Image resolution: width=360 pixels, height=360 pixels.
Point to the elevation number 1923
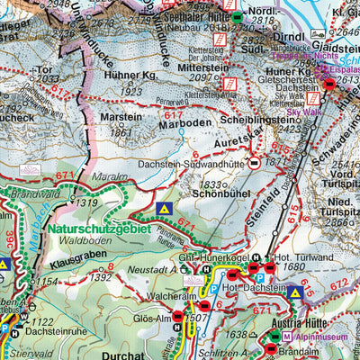[x=132, y=91]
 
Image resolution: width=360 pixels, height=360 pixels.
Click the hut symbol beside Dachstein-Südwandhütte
[x=256, y=163]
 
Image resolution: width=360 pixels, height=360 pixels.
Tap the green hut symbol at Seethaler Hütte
[x=236, y=17]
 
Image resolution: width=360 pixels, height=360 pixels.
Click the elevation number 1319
[x=86, y=202]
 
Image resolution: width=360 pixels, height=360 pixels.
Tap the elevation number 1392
[x=102, y=277]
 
